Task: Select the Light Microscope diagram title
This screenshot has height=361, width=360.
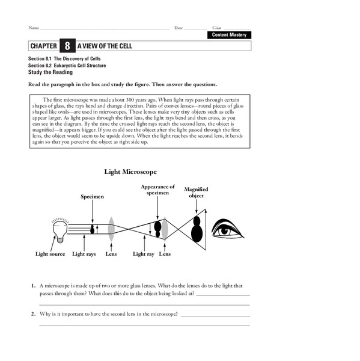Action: (130, 171)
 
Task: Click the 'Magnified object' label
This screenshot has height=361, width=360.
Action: (196, 193)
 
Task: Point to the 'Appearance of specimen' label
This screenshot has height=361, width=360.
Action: (157, 190)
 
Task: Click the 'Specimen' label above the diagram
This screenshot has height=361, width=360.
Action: (93, 197)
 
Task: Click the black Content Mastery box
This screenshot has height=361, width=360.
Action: (228, 35)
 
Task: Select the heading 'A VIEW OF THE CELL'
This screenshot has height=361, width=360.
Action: (105, 46)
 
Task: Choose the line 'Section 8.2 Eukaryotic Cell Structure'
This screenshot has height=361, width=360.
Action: (66, 66)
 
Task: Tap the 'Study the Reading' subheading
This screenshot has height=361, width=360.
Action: (50, 72)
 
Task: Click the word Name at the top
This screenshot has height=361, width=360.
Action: (33, 28)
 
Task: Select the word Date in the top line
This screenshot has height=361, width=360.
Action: (178, 28)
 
